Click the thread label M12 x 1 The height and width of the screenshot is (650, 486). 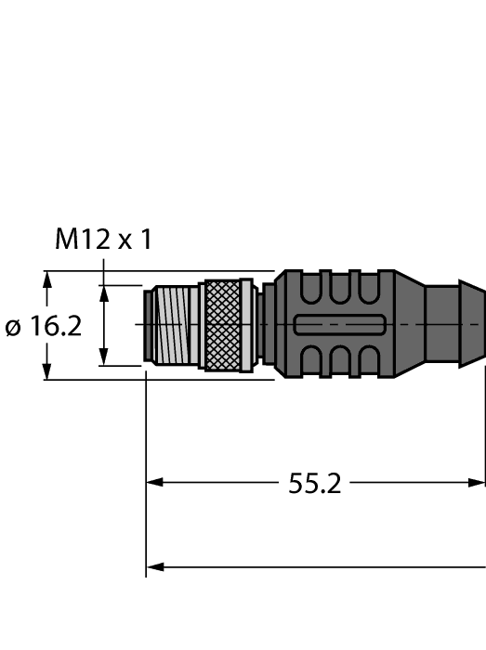[102, 240]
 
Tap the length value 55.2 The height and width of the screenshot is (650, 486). [313, 483]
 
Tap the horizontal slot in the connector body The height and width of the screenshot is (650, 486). [339, 325]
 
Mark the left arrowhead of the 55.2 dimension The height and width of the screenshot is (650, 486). [154, 483]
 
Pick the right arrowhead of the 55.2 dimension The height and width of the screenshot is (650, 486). [478, 483]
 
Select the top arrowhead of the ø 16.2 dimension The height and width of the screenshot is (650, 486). [46, 278]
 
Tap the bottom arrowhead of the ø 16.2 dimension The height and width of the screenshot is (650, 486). [46, 372]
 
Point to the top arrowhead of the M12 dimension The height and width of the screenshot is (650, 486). [105, 291]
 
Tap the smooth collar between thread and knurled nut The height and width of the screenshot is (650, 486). [196, 325]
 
